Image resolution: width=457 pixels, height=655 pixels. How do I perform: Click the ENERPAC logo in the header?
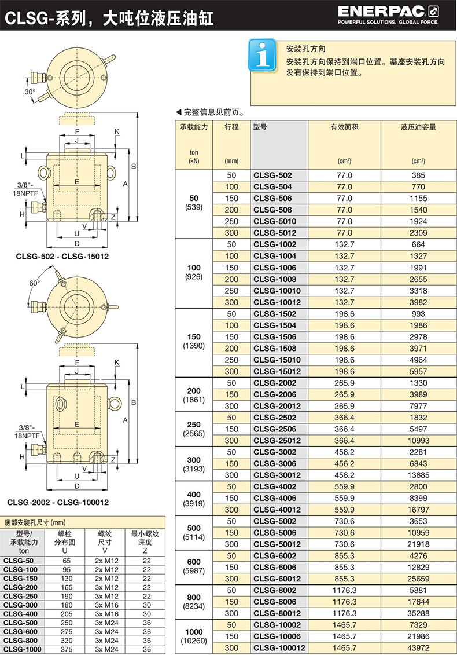(x=388, y=16)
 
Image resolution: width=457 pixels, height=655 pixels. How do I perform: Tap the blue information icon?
(x=263, y=55)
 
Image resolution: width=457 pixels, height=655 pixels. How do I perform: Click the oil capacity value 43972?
(x=418, y=648)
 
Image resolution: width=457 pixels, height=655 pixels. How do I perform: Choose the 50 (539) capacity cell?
(x=194, y=203)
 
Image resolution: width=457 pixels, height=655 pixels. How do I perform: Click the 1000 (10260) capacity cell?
(x=194, y=636)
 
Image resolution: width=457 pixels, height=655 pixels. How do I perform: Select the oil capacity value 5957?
(x=418, y=371)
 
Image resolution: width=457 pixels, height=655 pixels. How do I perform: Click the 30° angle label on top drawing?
(x=30, y=92)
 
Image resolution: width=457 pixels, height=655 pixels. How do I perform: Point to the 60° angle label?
(x=35, y=283)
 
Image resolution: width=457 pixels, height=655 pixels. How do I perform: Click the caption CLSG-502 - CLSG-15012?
(x=62, y=257)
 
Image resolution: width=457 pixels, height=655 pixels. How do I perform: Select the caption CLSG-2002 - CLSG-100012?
(x=58, y=502)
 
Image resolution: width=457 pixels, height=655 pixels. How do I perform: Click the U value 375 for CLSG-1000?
(x=67, y=649)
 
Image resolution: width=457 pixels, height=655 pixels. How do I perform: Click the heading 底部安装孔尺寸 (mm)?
(x=35, y=522)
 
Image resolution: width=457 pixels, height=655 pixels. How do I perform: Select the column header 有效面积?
(x=344, y=127)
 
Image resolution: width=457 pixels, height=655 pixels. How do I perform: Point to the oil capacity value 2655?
(x=418, y=279)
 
